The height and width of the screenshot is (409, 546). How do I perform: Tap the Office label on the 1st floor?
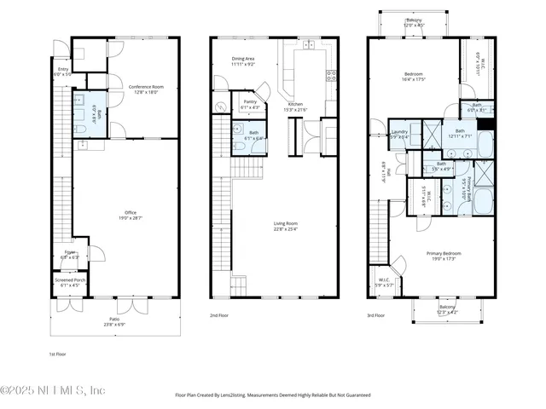131,215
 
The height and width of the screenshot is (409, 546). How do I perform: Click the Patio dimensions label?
113,325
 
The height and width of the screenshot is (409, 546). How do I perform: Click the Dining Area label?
243,60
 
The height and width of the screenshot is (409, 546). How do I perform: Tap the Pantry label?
250,102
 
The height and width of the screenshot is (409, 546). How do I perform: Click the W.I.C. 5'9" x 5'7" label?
385,281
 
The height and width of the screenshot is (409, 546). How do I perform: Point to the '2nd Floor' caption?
219,315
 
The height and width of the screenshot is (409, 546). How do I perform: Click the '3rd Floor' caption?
376,315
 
